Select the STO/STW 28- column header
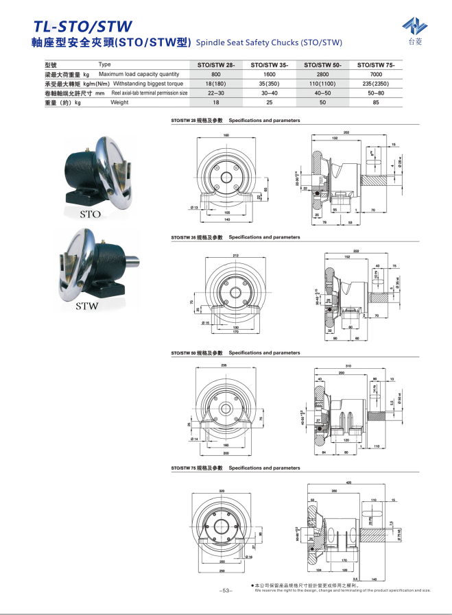pyautogui.click(x=216, y=64)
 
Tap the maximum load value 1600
pyautogui.click(x=270, y=74)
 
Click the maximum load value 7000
pyautogui.click(x=376, y=74)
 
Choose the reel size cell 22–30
pyautogui.click(x=216, y=93)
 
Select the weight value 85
pyautogui.click(x=376, y=102)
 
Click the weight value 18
pyautogui.click(x=216, y=102)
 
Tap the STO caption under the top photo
pyautogui.click(x=91, y=214)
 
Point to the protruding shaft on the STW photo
pyautogui.click(x=127, y=263)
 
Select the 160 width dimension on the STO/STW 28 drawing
pyautogui.click(x=226, y=135)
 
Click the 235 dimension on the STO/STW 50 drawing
pyautogui.click(x=224, y=366)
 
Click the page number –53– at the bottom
pyautogui.click(x=226, y=590)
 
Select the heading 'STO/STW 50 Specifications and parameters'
pyautogui.click(x=235, y=352)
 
